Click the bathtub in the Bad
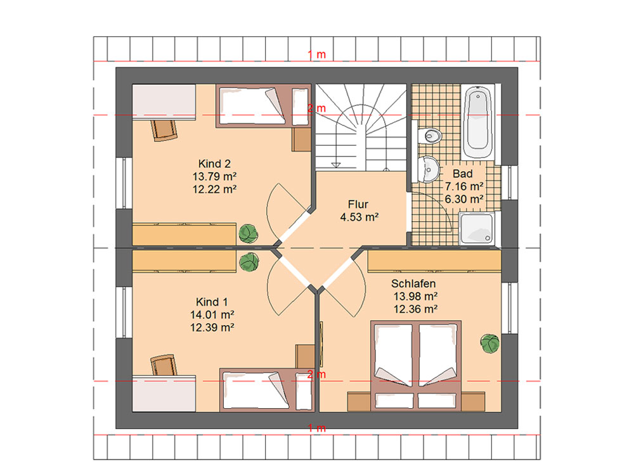coord(478,121)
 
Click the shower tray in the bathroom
coord(477,228)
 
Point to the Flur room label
coord(358,204)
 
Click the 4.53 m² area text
coord(359,217)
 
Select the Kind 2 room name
coord(214,164)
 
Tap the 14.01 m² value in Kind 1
coord(212,314)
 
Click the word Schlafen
coord(413,283)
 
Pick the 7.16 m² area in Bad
coord(464,186)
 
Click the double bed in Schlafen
coord(416,366)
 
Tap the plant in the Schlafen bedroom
coord(490,344)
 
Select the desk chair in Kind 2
coord(165,129)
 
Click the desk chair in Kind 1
coord(164,365)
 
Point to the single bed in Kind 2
coord(263,106)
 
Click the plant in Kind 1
coord(249,262)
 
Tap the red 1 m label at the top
coord(316,55)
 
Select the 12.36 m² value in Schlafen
coord(416,309)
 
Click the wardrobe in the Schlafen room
coord(434,261)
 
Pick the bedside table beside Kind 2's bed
coord(302,140)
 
